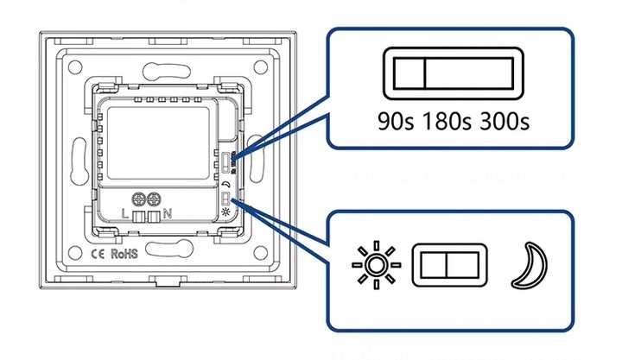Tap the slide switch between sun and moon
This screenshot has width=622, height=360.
[448, 265]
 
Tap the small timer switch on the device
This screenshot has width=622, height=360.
[225, 161]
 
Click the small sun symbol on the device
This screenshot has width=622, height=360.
[226, 211]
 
